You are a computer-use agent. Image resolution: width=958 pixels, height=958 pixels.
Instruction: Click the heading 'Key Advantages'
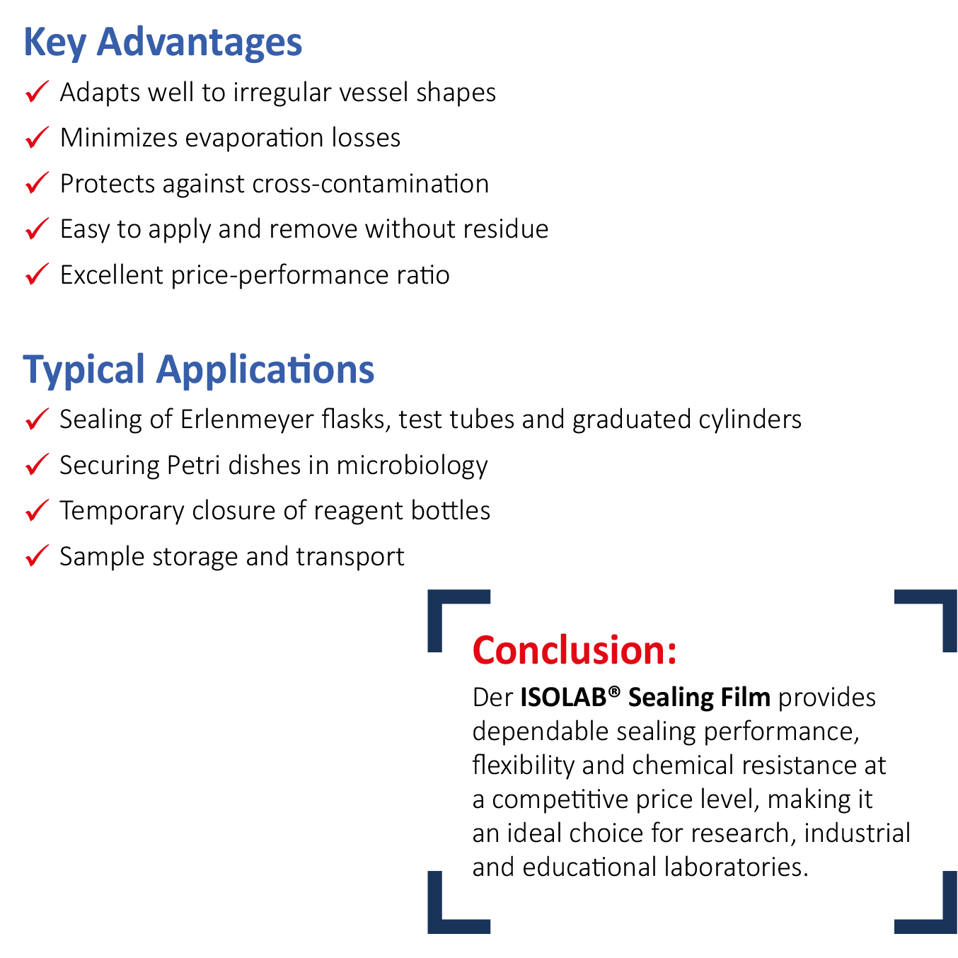coord(163,42)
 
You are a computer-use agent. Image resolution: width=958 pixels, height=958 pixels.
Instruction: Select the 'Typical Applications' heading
coord(198,370)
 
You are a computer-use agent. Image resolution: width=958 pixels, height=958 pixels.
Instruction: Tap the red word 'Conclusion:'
coord(574,650)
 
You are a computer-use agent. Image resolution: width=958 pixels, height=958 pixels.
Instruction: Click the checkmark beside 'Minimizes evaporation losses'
coord(37,137)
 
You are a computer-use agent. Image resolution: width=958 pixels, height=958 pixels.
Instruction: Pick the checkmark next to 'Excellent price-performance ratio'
coord(37,274)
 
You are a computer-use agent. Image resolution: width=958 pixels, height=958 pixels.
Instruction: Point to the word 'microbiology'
coord(412,466)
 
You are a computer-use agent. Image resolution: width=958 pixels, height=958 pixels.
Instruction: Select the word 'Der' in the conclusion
coord(492,698)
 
